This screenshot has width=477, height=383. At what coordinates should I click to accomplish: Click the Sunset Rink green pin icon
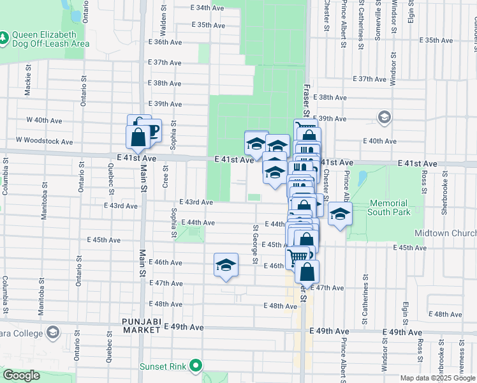pos(196,366)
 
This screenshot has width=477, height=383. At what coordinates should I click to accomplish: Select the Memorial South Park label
pos(388,207)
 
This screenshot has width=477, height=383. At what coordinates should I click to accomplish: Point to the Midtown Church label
pos(445,234)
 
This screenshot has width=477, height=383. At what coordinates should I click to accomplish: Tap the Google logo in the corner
pos(21,375)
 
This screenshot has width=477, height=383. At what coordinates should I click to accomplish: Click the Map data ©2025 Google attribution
pos(437,378)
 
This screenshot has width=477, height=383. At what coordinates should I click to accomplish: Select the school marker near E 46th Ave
pos(226,266)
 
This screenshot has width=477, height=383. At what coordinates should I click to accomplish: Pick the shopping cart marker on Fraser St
pos(297,258)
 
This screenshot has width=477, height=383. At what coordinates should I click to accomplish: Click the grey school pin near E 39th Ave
pos(384,117)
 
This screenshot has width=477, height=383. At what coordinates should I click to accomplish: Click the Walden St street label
pos(163,26)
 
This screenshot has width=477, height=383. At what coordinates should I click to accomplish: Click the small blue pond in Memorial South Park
pos(362,177)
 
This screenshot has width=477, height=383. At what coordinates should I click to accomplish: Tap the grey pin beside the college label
pos(52,332)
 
